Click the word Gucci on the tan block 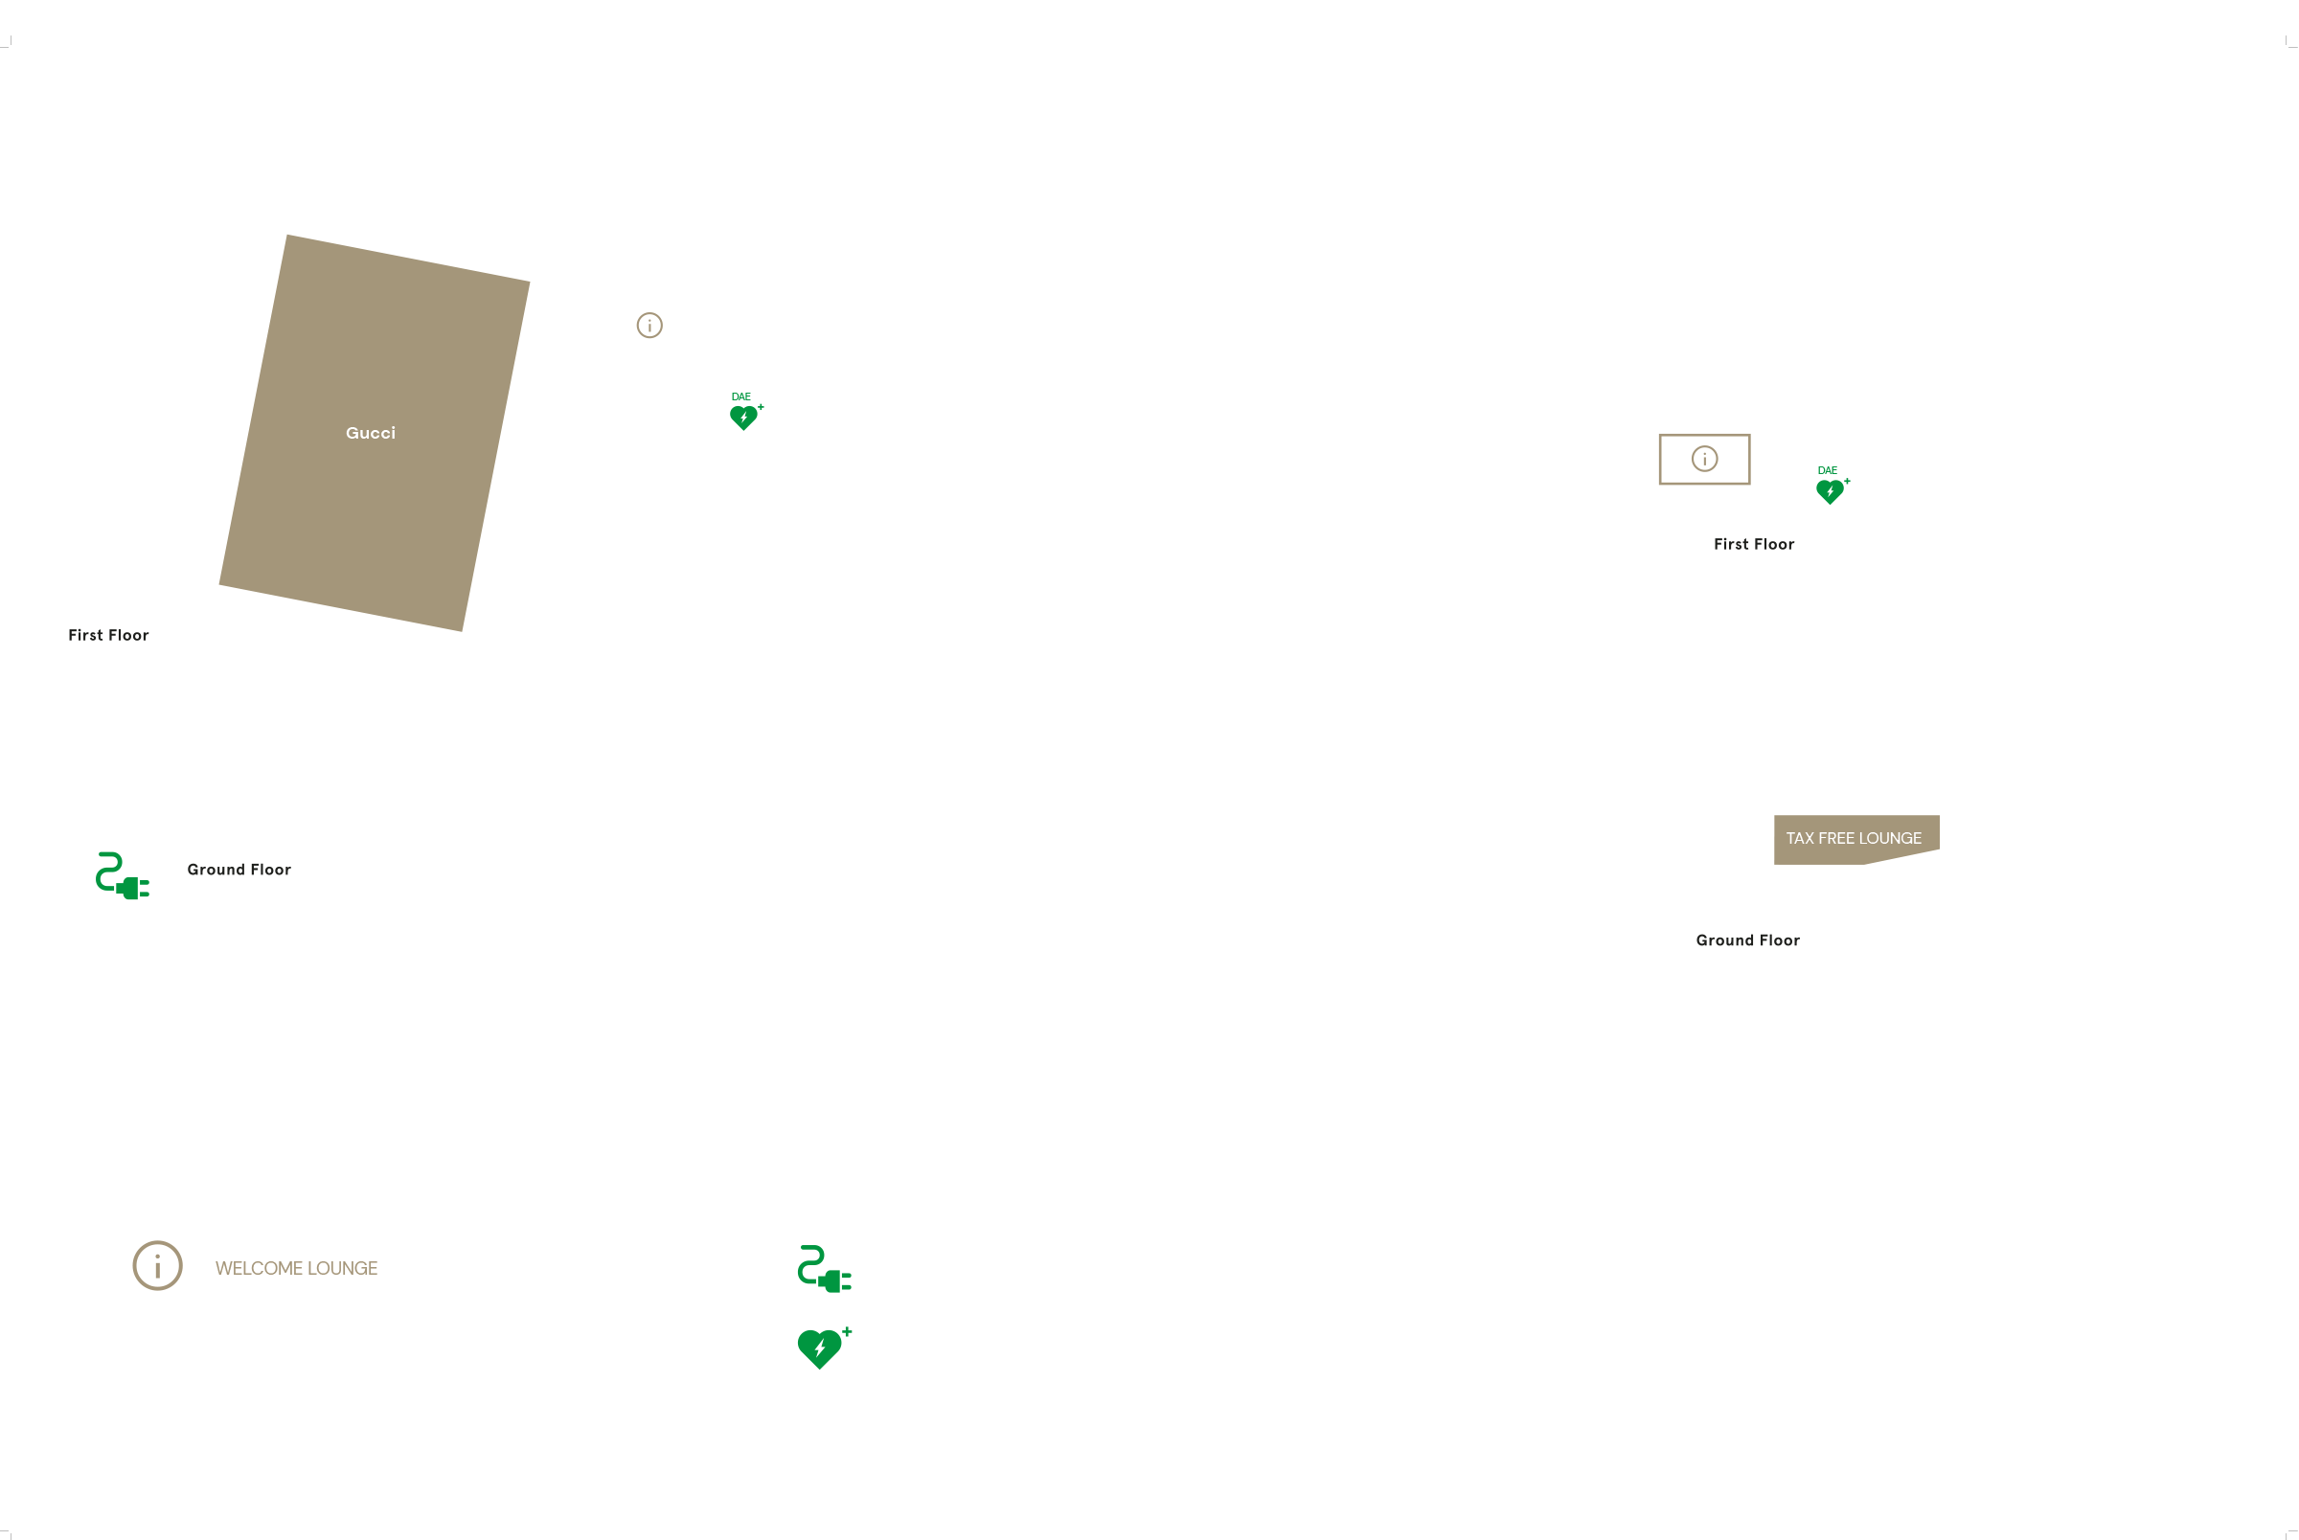coord(371,433)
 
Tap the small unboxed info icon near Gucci coord(649,325)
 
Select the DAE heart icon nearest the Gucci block coord(744,418)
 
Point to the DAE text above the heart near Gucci coord(740,396)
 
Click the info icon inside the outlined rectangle coord(1704,459)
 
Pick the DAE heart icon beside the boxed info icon coord(1831,491)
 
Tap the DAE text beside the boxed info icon coord(1827,470)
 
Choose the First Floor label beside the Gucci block coord(108,636)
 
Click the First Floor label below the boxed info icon coord(1753,544)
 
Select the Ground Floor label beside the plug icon coord(239,870)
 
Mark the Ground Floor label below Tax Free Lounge coord(1747,940)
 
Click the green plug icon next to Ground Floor coord(122,876)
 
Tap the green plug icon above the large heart coord(824,1269)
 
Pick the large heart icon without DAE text coord(821,1347)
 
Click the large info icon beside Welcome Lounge coord(157,1265)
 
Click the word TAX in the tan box coord(1799,838)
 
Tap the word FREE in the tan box coord(1835,838)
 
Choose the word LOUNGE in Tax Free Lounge coord(1889,838)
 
